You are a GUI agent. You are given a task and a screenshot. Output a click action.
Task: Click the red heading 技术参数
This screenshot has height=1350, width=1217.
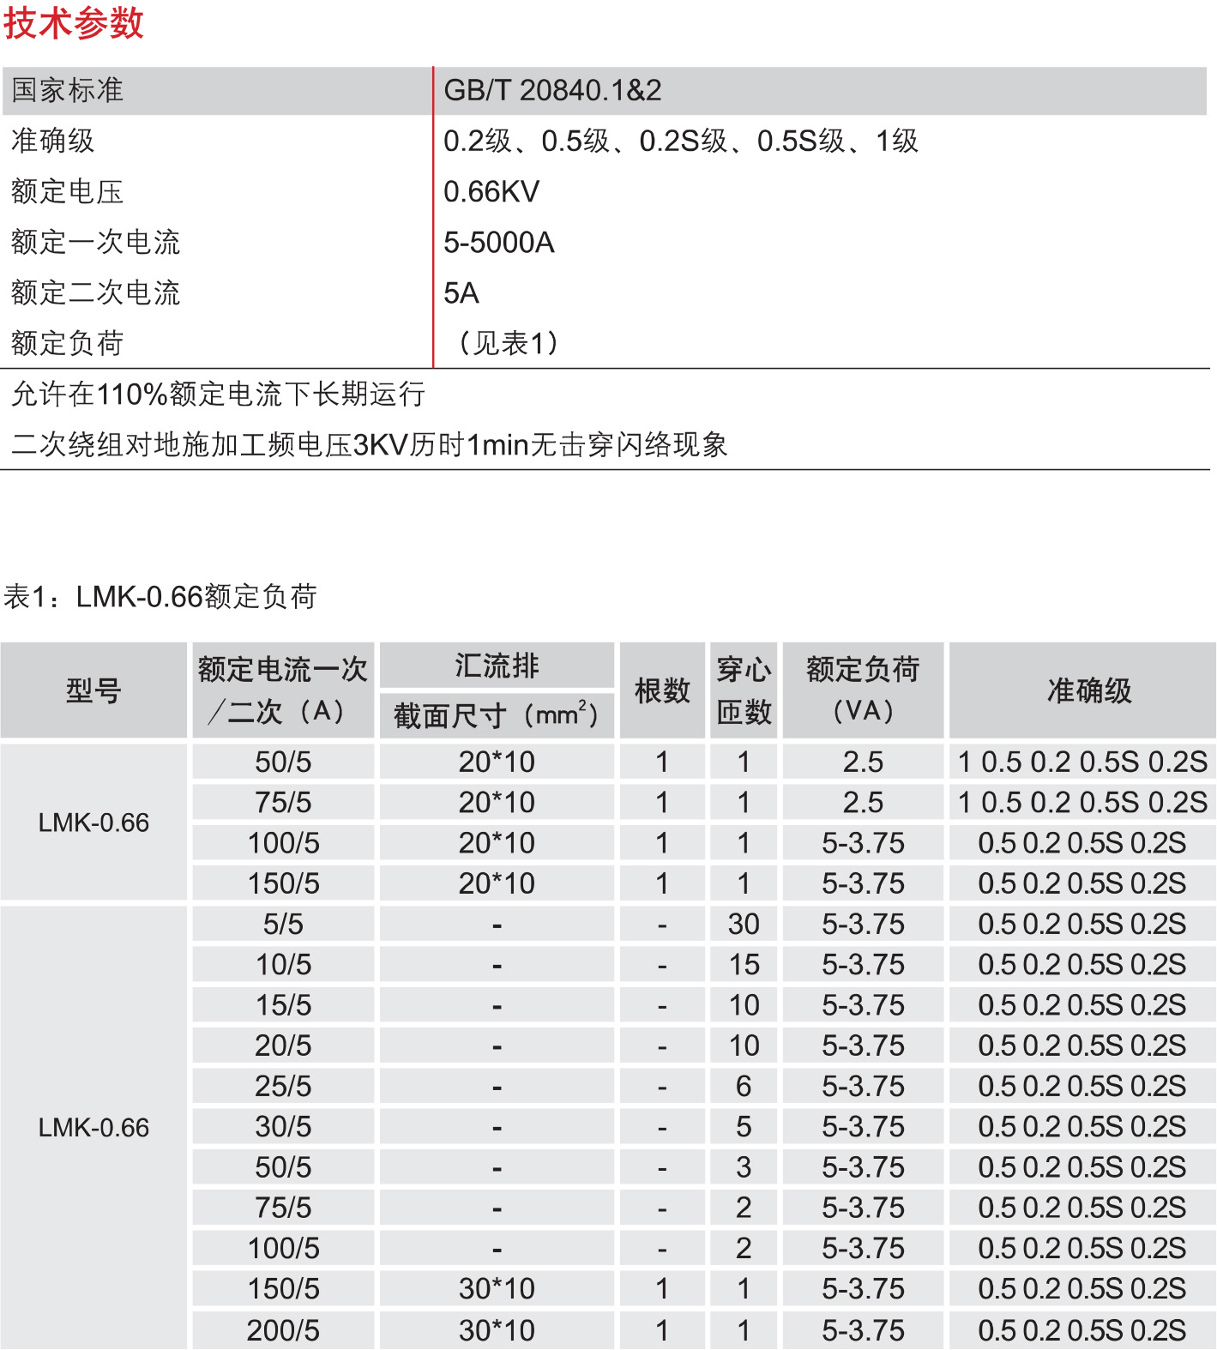[x=74, y=23]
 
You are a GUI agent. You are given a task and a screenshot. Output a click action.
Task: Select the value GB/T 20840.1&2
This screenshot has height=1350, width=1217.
[x=552, y=90]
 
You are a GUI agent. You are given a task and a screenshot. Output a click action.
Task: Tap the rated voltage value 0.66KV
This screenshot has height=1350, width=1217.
[x=491, y=191]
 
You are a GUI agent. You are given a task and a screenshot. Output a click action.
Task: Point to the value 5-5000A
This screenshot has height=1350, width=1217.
[x=499, y=243]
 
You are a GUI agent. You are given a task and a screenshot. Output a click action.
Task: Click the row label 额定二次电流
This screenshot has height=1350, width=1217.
[x=95, y=293]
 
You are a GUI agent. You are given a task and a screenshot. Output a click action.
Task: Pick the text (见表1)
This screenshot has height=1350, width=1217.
[x=509, y=343]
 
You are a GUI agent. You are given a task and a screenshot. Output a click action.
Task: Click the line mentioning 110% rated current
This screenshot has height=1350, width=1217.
[x=219, y=395]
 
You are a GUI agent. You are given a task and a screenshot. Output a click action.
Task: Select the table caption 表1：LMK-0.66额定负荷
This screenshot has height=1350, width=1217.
[x=160, y=596]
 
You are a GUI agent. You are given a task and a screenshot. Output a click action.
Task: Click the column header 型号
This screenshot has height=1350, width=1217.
[x=93, y=690]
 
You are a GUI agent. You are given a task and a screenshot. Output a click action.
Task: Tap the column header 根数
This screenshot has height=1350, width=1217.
[x=662, y=690]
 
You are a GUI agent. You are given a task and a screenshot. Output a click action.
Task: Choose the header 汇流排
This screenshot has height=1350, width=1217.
[x=497, y=666]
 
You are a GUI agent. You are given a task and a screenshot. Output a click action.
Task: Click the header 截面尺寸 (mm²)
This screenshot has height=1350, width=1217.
[x=497, y=714]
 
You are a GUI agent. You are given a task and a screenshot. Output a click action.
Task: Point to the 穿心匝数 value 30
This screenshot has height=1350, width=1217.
[x=744, y=924]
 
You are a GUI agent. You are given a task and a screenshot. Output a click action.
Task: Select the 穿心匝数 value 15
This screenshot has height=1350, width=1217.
[x=744, y=965]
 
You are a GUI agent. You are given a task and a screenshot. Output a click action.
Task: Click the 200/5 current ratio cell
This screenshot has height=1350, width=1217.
[x=283, y=1330]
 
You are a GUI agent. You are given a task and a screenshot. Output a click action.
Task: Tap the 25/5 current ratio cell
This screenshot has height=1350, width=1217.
[x=283, y=1087]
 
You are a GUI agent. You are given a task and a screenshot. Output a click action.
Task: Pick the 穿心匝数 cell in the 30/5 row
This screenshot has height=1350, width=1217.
[x=744, y=1127]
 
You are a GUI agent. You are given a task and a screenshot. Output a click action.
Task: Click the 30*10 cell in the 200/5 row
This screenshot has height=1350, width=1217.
[x=497, y=1330]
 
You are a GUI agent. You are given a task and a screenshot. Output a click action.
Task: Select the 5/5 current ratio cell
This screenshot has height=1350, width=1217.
[x=283, y=924]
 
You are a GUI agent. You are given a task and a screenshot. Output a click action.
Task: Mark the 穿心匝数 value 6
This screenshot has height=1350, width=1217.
[x=744, y=1087]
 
